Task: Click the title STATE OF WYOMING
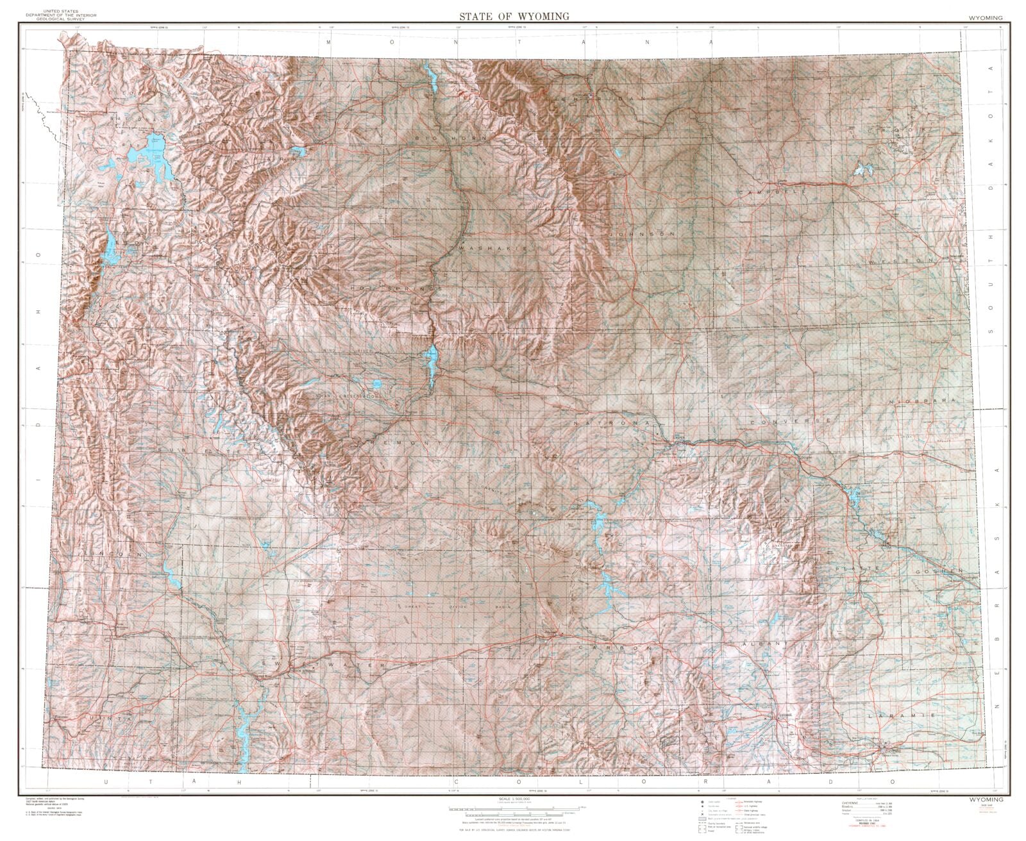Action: point(513,16)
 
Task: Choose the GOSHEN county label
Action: point(938,570)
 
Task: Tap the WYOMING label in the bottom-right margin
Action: point(986,801)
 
